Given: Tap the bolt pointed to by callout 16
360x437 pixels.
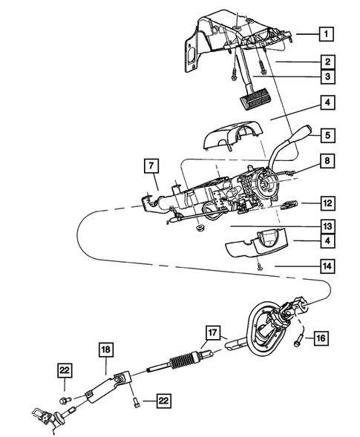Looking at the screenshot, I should [x=298, y=341].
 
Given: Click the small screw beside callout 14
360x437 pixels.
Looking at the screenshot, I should [x=259, y=266].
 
